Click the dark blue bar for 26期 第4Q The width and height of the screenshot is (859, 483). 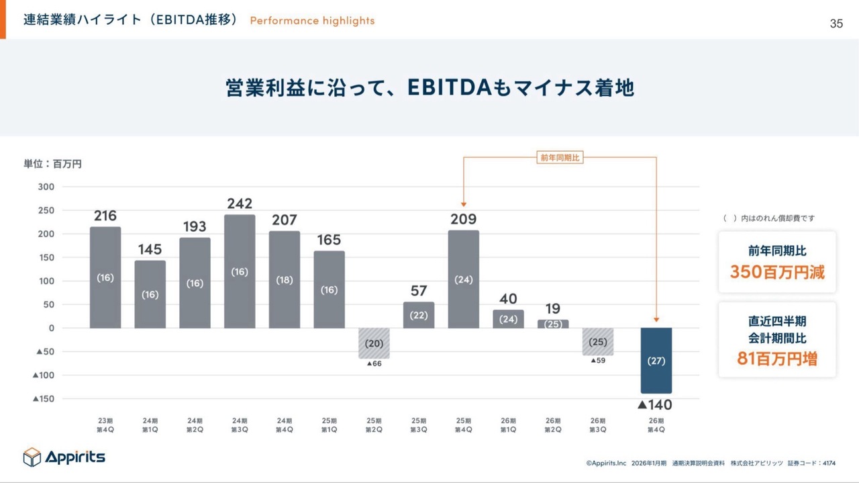pos(656,361)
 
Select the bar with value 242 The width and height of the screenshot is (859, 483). pos(240,271)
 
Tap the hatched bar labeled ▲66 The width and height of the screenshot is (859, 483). pos(374,343)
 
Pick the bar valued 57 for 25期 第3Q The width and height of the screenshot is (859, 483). pos(419,315)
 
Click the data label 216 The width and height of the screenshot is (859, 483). pos(105,216)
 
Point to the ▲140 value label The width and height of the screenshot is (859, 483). pos(654,404)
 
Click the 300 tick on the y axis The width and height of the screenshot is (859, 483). pos(46,187)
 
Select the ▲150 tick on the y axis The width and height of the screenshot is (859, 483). pos(43,399)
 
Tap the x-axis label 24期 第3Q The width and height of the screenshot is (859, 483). pos(240,425)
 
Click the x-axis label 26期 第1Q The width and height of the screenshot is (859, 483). pos(508,425)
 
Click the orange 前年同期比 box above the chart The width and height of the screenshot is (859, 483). pos(560,158)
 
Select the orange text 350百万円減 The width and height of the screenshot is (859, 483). pos(777,272)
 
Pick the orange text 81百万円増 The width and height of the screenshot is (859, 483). pos(777,359)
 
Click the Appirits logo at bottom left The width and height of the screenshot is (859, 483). pos(64,457)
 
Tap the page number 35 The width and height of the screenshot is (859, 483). pos(836,24)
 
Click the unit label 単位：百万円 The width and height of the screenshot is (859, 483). pos(53,164)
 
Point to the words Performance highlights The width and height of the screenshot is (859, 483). pos(312,21)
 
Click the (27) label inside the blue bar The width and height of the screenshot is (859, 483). pos(656,361)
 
